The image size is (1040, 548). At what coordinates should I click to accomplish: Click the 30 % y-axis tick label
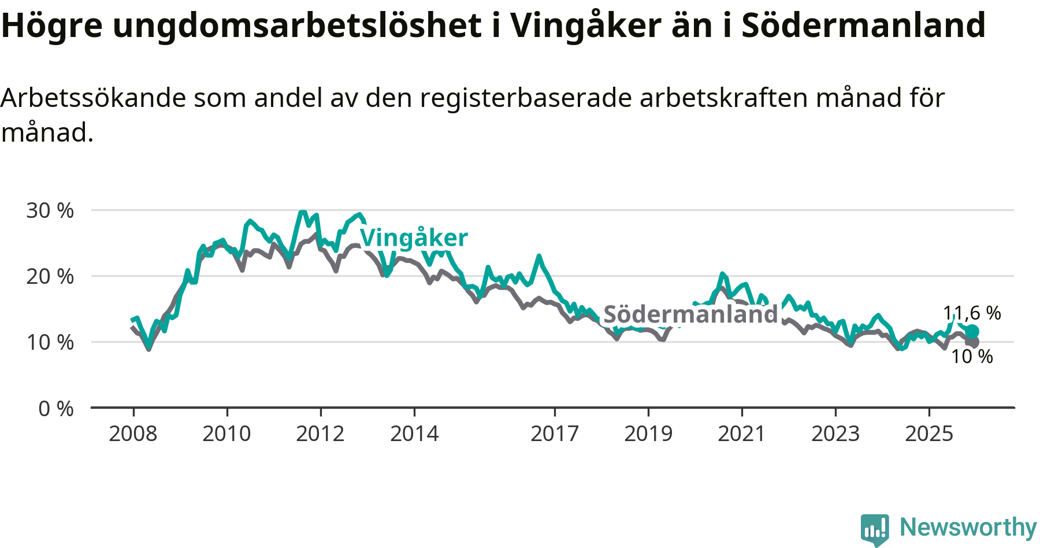(x=50, y=210)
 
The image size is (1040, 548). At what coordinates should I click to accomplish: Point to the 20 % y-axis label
(x=50, y=276)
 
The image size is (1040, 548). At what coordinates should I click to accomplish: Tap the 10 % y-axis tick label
(x=50, y=342)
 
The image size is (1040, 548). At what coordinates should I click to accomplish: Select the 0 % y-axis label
(x=56, y=409)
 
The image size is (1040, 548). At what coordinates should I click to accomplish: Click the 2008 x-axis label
(x=133, y=434)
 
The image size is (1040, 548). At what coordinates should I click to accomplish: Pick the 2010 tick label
(x=226, y=434)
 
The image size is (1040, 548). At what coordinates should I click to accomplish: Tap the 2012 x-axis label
(x=320, y=434)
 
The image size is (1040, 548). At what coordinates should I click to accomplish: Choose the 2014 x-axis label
(x=414, y=434)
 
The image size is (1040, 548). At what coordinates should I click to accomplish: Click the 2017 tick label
(x=555, y=434)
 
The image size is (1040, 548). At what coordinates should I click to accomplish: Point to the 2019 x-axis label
(x=648, y=434)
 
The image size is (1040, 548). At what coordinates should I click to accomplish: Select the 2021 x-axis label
(x=742, y=434)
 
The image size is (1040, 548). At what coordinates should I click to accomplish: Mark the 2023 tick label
(x=835, y=434)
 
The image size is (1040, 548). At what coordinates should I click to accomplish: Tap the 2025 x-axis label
(x=929, y=434)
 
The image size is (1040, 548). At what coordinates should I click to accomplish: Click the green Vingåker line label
(x=414, y=238)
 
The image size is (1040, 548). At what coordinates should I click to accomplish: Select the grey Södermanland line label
(x=690, y=314)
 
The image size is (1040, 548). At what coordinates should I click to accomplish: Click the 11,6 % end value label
(x=972, y=313)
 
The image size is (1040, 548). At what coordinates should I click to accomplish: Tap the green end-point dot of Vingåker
(x=972, y=331)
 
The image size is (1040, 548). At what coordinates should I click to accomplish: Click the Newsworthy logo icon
(x=875, y=528)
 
